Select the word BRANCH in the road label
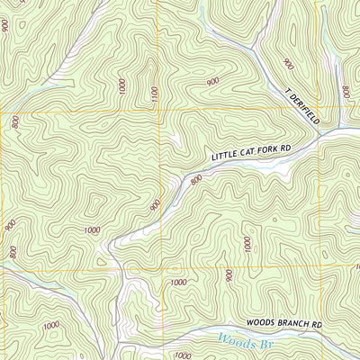coord(291,322)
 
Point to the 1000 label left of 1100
coord(121,86)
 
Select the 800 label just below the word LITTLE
coord(196,180)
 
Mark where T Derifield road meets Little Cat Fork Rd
coord(320,135)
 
